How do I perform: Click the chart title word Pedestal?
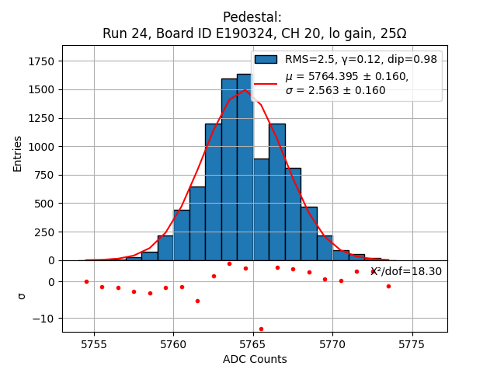[252, 17]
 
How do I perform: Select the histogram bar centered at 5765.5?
[261, 210]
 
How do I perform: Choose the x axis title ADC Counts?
[255, 359]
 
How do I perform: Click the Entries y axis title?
[18, 153]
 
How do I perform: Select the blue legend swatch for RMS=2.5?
[266, 59]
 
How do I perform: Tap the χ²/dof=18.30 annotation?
[406, 271]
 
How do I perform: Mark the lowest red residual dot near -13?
[261, 329]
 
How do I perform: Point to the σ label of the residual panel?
[21, 296]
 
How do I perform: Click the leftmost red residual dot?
[86, 281]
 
